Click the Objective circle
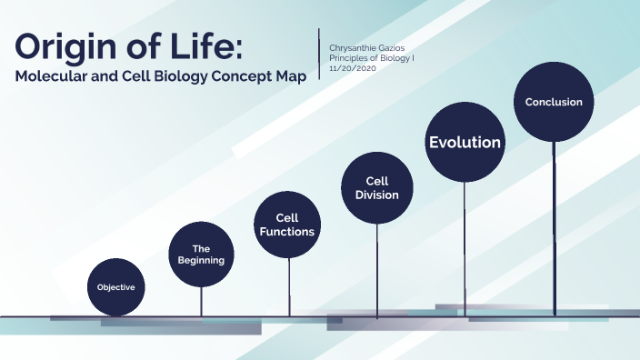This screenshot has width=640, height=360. click(x=116, y=286)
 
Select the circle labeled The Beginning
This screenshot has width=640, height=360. click(x=201, y=255)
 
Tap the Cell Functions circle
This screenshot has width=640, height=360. click(x=287, y=225)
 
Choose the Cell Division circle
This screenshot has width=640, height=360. click(x=377, y=187)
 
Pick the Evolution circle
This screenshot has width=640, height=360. click(x=465, y=142)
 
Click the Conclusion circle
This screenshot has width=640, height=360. click(x=554, y=102)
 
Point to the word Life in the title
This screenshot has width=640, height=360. click(x=220, y=46)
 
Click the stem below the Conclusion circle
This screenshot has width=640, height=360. click(x=554, y=227)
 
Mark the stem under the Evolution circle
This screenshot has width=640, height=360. click(x=465, y=245)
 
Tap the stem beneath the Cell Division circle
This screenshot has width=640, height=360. click(x=377, y=268)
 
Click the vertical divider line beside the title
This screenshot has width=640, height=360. click(x=319, y=55)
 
